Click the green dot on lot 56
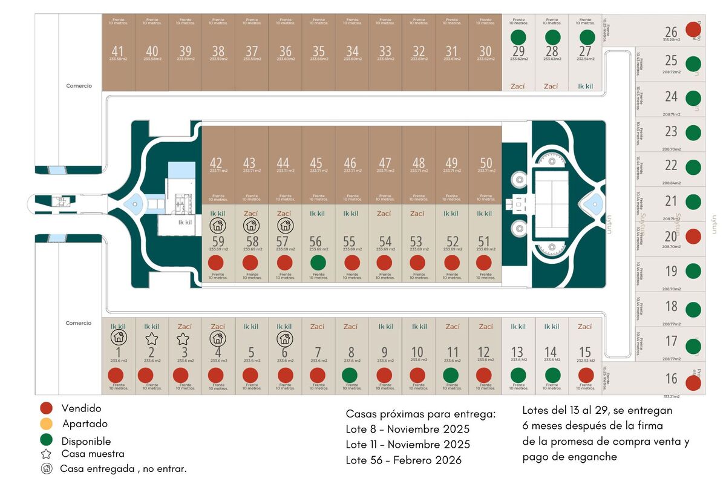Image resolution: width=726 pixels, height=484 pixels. click(316, 263)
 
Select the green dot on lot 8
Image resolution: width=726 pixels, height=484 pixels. click(350, 375)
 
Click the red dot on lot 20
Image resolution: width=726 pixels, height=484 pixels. click(693, 237)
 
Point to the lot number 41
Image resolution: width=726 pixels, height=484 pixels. click(118, 51)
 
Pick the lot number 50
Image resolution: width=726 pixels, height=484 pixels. click(485, 163)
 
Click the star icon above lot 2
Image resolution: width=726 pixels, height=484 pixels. click(151, 338)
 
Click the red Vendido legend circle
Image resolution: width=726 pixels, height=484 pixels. click(48, 409)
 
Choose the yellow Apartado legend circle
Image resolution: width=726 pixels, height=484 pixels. click(48, 423)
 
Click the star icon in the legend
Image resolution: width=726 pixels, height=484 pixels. click(47, 454)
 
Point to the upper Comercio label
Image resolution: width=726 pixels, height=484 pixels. click(79, 86)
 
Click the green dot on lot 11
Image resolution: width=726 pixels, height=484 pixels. click(451, 375)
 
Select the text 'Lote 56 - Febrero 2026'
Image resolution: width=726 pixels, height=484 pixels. click(404, 460)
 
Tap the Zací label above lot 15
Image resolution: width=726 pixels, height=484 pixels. click(584, 327)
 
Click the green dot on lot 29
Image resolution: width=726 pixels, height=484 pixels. click(518, 38)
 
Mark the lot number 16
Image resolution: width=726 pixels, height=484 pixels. click(671, 379)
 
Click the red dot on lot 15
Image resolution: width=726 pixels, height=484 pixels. click(585, 375)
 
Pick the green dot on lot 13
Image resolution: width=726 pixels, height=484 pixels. click(518, 375)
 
